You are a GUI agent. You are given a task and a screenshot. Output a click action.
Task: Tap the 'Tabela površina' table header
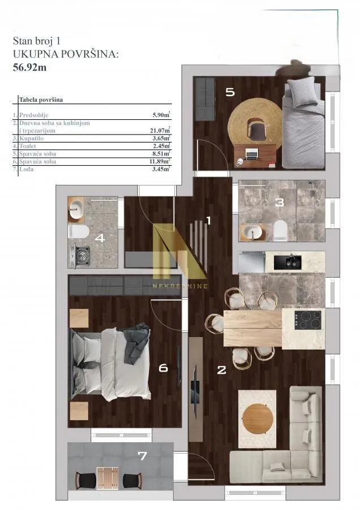(41, 100)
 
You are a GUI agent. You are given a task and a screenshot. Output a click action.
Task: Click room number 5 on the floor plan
(230, 92)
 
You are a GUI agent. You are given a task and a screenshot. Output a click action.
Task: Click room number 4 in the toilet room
(100, 238)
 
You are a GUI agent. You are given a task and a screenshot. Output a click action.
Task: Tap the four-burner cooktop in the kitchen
(309, 320)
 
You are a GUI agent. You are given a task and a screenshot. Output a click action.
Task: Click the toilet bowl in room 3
(280, 230)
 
